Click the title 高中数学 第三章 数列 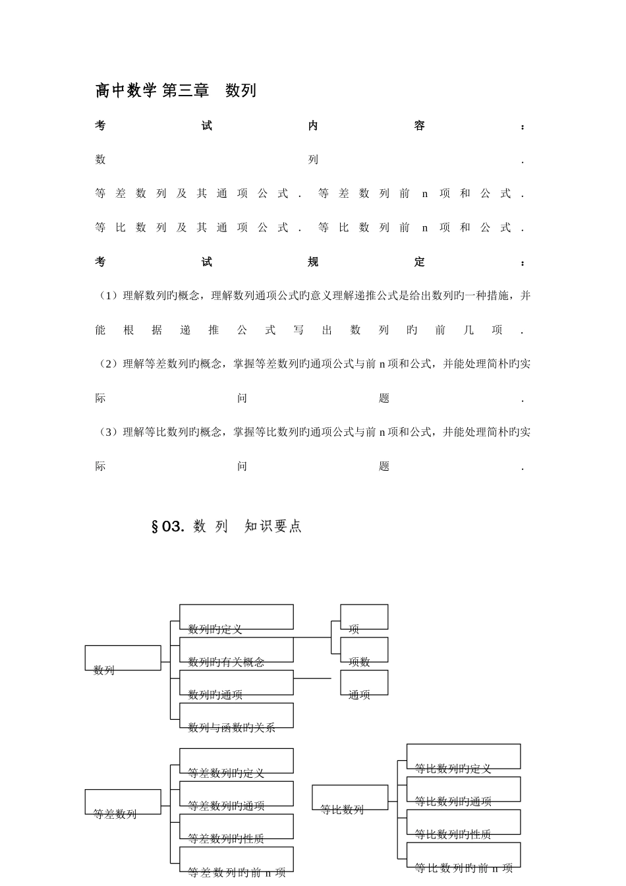click(x=175, y=91)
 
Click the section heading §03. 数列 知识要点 click(x=227, y=526)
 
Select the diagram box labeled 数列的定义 click(x=236, y=618)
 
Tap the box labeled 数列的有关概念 click(x=236, y=651)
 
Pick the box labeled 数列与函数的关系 click(x=236, y=716)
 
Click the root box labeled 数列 click(x=123, y=659)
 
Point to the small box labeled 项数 click(x=364, y=651)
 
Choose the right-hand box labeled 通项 click(x=364, y=683)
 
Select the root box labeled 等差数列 click(x=123, y=802)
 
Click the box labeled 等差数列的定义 click(x=236, y=761)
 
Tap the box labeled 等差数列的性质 click(x=236, y=827)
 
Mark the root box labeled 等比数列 click(x=350, y=798)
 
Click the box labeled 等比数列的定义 click(x=463, y=757)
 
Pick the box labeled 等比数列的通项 click(x=463, y=790)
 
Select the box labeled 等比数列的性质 click(x=463, y=822)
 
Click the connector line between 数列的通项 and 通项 click(x=313, y=678)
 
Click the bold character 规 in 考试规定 click(x=313, y=262)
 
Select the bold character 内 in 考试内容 click(x=313, y=126)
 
